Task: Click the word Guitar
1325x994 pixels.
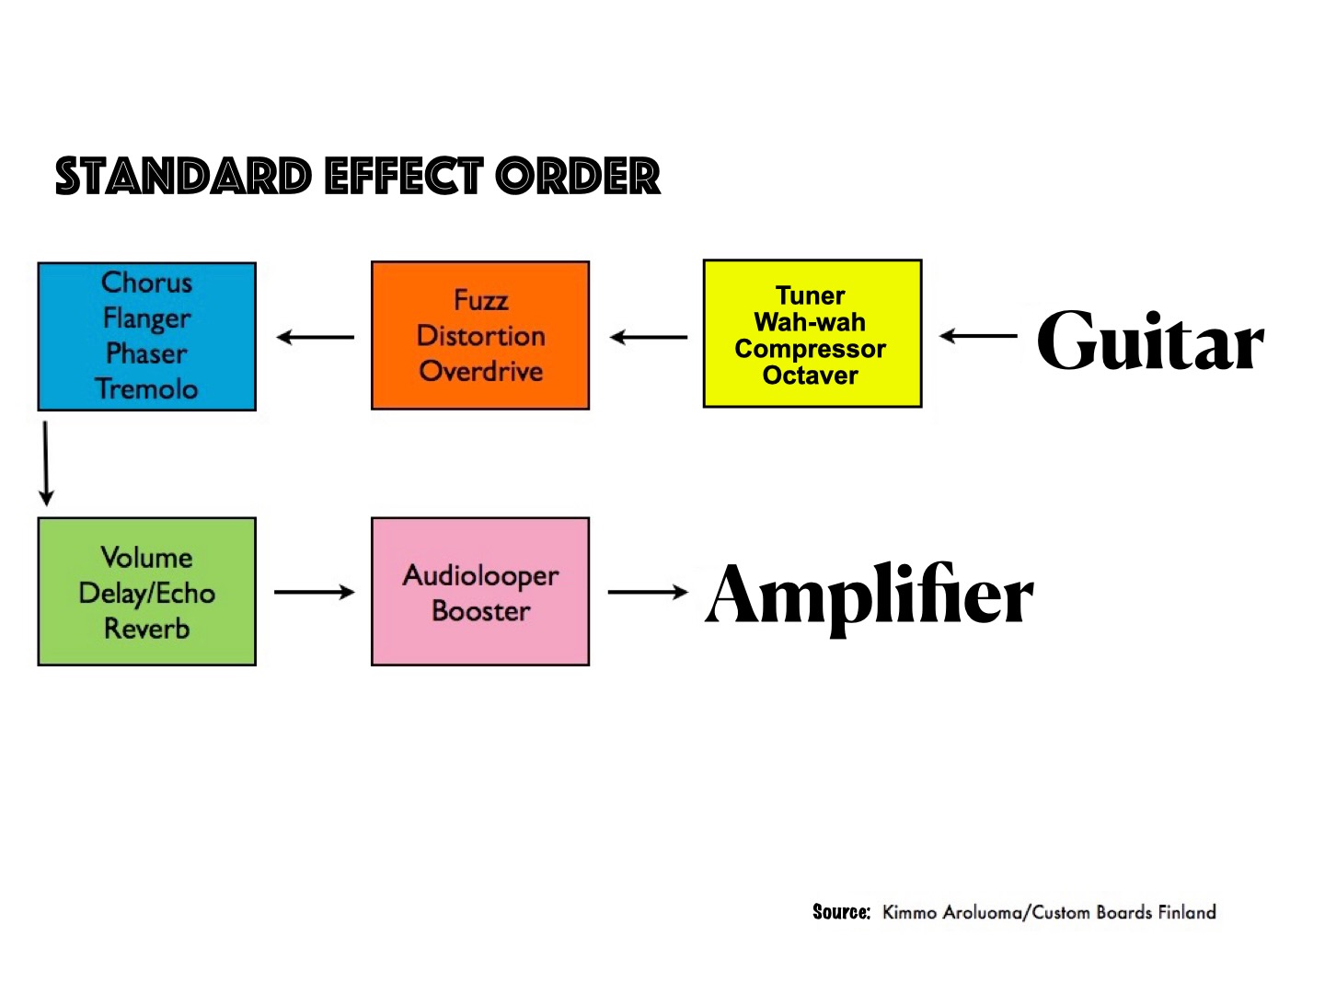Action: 1150,341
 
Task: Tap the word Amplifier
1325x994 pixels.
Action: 870,595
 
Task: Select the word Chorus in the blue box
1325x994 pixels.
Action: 147,283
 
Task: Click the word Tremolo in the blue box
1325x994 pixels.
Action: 147,388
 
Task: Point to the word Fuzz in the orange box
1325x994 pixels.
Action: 480,300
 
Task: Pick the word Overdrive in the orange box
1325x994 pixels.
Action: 480,371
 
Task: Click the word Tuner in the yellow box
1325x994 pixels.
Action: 810,295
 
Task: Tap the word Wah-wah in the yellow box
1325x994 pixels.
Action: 810,322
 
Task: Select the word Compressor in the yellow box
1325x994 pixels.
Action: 810,349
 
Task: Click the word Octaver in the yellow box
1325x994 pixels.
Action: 810,376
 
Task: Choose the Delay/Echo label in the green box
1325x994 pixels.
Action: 147,593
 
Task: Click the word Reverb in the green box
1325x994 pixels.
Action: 147,629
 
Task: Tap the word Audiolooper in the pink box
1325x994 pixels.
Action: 480,575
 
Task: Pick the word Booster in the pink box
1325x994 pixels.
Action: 480,611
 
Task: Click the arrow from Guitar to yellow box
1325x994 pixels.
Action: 978,336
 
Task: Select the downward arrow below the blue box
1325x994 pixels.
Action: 46,463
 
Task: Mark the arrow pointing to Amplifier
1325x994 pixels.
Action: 648,592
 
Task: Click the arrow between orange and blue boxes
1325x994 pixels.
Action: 315,338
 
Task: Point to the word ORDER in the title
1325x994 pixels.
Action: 578,177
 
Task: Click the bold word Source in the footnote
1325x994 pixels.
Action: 840,912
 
